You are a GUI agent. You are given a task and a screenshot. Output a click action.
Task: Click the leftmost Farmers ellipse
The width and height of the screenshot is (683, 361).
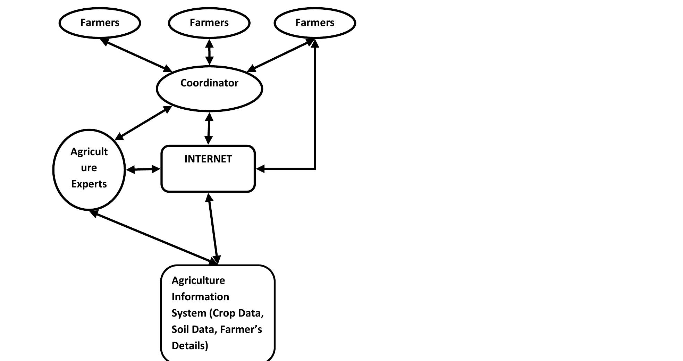[100, 23]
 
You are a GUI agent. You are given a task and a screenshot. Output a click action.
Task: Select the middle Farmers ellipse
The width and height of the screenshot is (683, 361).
[209, 23]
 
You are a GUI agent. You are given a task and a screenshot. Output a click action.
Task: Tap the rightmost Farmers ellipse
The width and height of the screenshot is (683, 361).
[315, 23]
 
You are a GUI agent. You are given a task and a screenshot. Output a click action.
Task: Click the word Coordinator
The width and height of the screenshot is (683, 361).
[209, 83]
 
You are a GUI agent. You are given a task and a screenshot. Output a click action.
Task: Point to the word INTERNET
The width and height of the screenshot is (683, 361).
[208, 159]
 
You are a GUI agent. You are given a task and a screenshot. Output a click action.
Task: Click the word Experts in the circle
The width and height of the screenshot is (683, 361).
[89, 184]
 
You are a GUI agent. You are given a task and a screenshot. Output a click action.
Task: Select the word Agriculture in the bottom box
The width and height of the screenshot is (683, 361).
[198, 280]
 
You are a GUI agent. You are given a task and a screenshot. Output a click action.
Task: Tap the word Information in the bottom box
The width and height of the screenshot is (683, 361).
[200, 297]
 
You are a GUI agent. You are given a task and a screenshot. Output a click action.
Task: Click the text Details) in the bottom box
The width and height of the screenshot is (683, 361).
[190, 346]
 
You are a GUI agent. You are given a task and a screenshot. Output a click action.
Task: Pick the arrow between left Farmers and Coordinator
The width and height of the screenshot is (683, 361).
[136, 55]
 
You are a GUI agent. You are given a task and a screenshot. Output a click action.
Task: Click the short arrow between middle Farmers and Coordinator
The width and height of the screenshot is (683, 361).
[209, 52]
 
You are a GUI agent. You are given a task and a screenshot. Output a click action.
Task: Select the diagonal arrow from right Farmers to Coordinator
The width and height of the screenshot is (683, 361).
[282, 55]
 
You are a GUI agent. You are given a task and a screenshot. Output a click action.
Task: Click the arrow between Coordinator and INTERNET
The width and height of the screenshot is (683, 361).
[209, 128]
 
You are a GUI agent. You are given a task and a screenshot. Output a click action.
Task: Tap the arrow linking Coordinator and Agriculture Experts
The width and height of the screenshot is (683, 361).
[143, 123]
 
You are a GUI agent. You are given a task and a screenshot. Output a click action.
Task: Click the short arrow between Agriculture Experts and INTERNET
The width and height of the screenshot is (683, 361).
[143, 169]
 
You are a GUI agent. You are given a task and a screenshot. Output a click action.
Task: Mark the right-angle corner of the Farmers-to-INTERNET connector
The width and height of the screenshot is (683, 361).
[315, 169]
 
